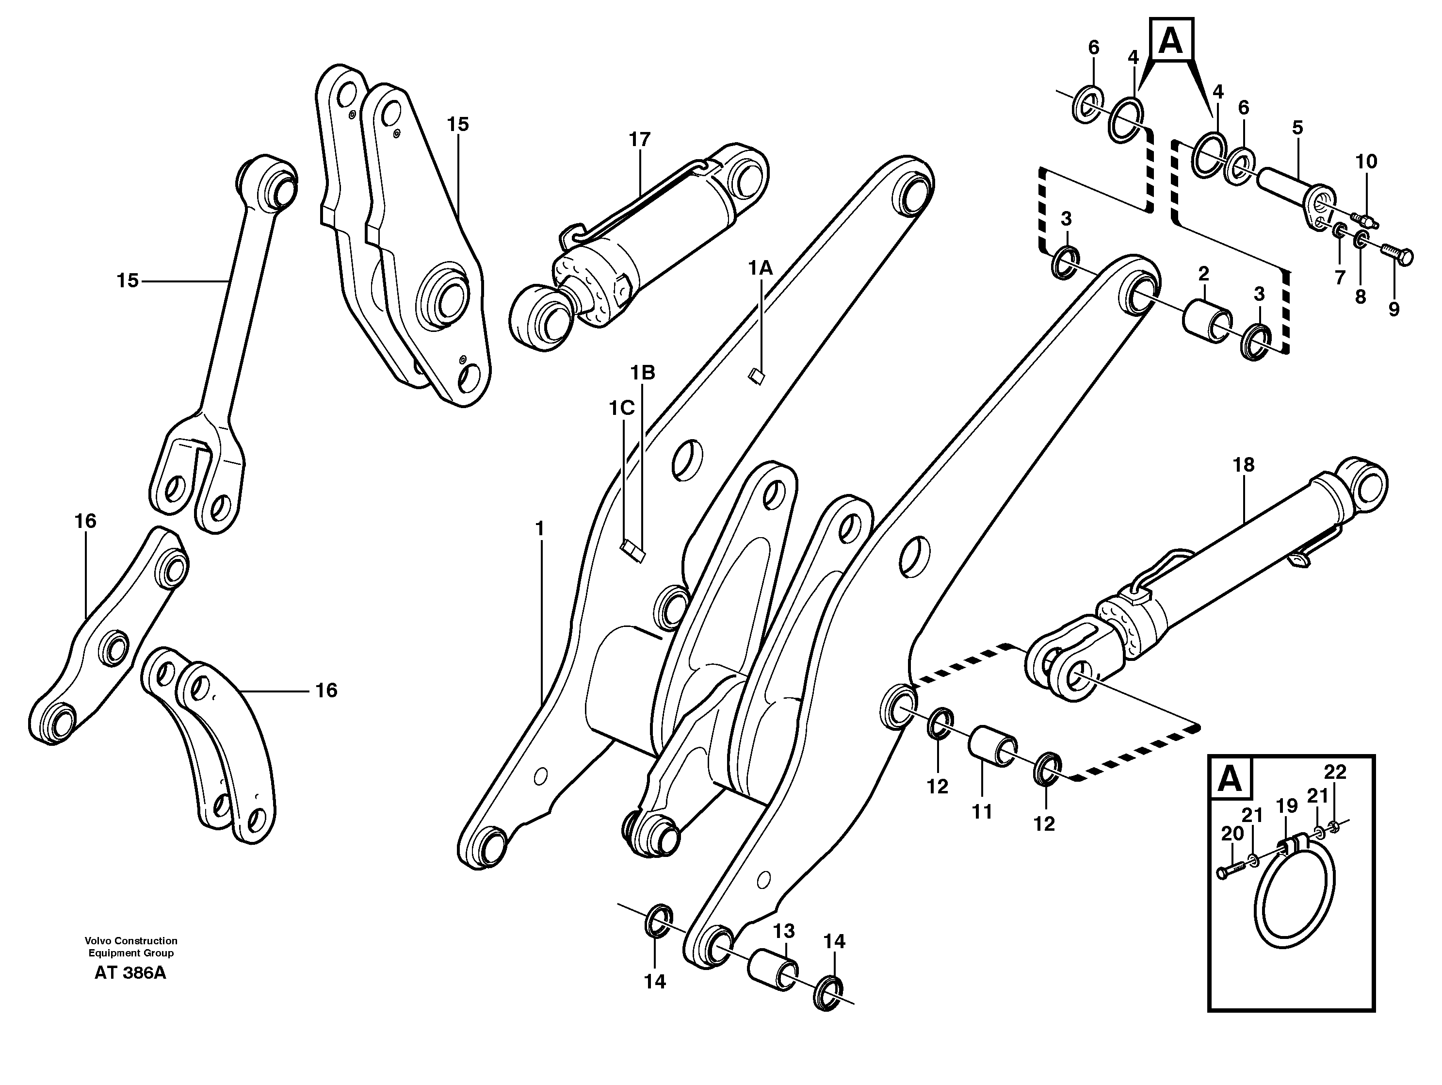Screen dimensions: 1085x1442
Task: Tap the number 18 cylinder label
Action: (1243, 465)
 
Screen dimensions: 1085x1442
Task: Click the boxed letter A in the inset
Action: (1230, 778)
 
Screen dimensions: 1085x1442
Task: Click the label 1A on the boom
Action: (760, 267)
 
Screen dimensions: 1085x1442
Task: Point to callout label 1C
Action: (621, 408)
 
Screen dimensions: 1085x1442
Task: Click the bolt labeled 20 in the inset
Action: (1230, 871)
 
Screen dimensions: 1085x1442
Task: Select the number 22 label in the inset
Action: (1335, 772)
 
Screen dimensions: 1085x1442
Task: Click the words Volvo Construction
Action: (130, 941)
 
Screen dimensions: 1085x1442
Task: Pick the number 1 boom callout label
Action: (539, 528)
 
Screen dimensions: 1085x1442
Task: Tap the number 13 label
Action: (784, 931)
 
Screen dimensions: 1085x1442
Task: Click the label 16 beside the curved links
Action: (326, 690)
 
